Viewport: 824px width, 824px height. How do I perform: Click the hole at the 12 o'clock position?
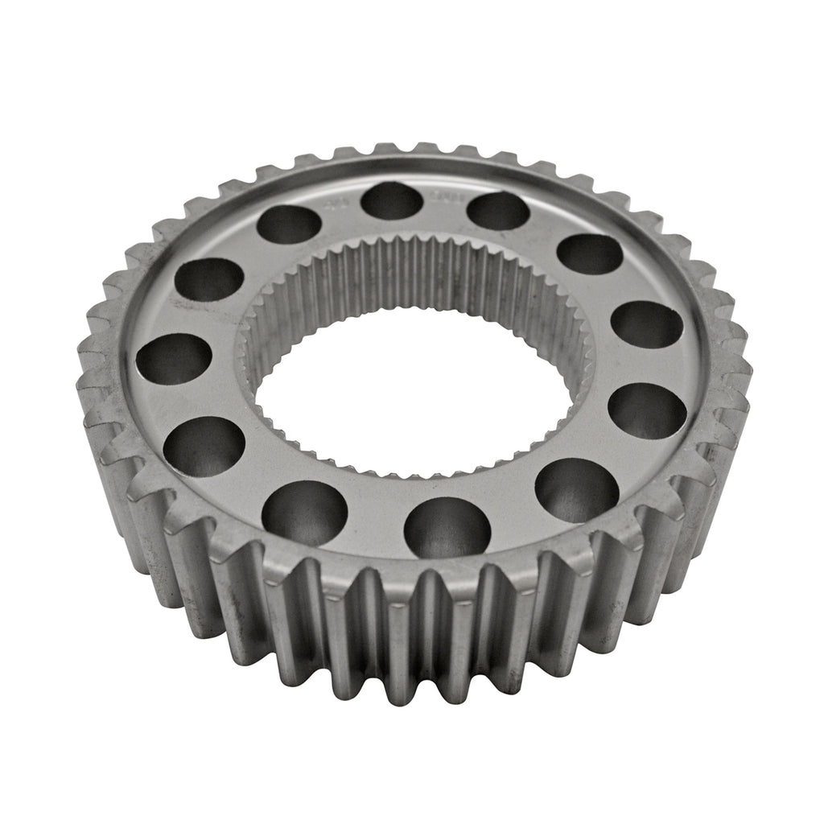[x=392, y=200]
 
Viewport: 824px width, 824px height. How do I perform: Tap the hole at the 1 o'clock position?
[x=497, y=210]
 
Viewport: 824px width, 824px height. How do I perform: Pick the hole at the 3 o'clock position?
[x=647, y=324]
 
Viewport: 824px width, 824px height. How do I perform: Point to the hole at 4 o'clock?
[x=647, y=410]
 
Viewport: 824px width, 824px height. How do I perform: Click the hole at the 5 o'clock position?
[x=576, y=490]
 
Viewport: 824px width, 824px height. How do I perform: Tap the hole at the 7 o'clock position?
[x=304, y=513]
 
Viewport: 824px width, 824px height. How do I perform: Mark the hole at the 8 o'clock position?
[x=204, y=447]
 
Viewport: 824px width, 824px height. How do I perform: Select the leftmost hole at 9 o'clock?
[x=175, y=359]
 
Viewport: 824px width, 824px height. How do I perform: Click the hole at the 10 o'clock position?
[x=210, y=279]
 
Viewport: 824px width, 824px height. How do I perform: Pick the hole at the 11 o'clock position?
[x=290, y=225]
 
